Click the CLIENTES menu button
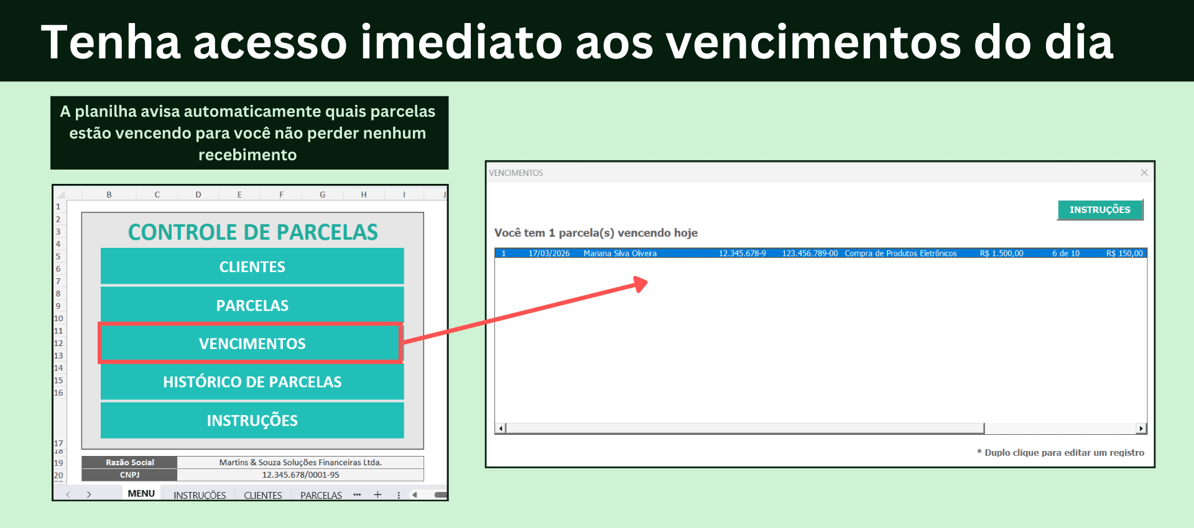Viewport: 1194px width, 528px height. (x=252, y=266)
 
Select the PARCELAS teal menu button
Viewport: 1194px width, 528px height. (x=252, y=305)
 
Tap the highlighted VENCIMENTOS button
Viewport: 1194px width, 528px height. (x=252, y=344)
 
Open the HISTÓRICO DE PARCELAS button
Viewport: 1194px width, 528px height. (x=252, y=382)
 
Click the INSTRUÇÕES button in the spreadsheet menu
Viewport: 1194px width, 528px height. (x=252, y=421)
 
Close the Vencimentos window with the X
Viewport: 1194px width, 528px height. (x=1144, y=173)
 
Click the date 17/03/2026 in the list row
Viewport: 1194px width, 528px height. (x=548, y=253)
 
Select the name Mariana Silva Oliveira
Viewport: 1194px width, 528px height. (x=619, y=253)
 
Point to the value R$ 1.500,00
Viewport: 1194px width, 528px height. (x=1001, y=253)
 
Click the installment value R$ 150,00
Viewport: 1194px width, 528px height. (x=1124, y=253)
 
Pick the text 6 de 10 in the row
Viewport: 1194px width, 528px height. (x=1065, y=253)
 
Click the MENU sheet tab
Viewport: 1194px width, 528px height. (x=141, y=494)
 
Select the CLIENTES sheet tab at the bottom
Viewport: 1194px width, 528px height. (x=262, y=495)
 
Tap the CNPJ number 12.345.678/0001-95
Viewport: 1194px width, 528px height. (x=300, y=475)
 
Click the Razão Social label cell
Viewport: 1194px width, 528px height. (x=129, y=462)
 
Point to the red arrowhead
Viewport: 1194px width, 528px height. (x=641, y=284)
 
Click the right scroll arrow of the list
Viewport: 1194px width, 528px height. (x=1141, y=428)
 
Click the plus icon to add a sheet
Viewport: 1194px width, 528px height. (x=377, y=494)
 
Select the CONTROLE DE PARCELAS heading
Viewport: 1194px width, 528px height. (x=252, y=232)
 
